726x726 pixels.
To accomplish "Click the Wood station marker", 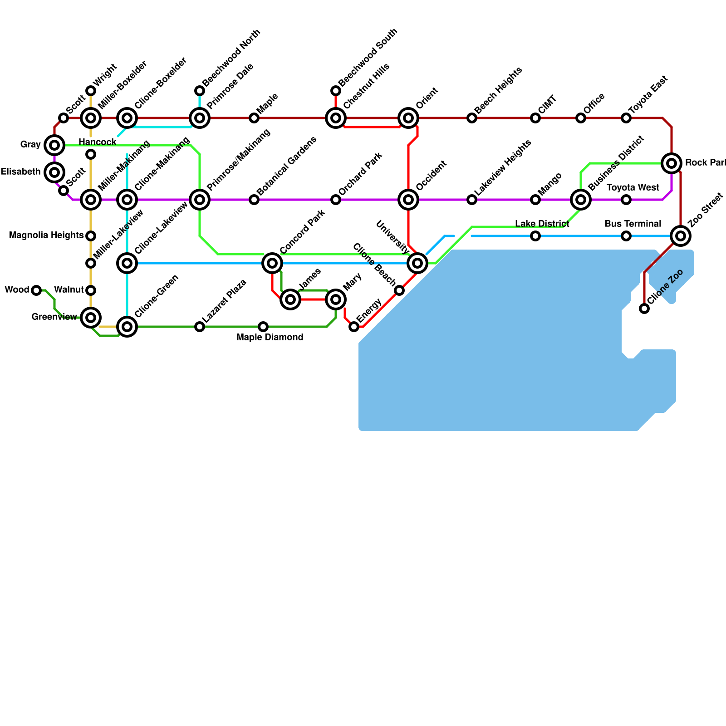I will click(36, 290).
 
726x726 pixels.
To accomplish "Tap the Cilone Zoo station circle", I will click(644, 309).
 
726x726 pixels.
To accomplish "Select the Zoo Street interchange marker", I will click(681, 236).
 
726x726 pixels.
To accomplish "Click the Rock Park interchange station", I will click(672, 163).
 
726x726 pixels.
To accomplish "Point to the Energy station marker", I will click(354, 327).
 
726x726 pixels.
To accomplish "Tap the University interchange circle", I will click(417, 263).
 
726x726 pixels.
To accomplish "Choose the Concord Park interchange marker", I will click(272, 263).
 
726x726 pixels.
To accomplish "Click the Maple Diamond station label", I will click(270, 338).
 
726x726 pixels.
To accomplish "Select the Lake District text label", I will click(542, 224).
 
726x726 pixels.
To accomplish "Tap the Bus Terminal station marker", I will click(626, 236).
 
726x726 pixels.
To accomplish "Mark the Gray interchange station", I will click(54, 145).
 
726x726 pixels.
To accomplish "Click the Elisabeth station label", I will click(20, 172).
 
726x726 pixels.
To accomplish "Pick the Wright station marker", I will click(91, 91).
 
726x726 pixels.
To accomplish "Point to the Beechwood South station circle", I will click(336, 91).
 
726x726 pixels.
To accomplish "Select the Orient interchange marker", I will click(408, 118).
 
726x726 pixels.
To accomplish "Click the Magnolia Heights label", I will click(46, 235).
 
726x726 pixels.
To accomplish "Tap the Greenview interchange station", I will click(91, 318).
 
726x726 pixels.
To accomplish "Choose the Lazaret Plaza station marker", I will click(200, 327).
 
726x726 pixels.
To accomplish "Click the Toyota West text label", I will click(633, 188).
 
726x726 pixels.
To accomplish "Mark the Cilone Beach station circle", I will click(399, 290).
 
